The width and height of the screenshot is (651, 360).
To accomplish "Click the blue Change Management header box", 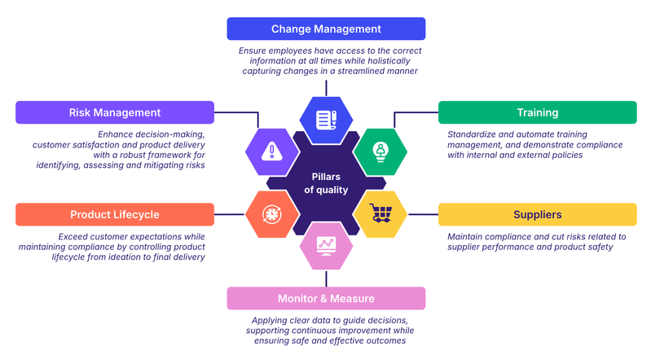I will pyautogui.click(x=326, y=29).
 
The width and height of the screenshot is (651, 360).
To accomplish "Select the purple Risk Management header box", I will pyautogui.click(x=115, y=112).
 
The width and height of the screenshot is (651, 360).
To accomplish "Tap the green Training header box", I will pyautogui.click(x=537, y=112).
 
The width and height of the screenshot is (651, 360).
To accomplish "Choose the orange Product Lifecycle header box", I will pyautogui.click(x=115, y=214).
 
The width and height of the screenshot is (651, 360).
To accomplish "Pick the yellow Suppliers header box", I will pyautogui.click(x=537, y=214).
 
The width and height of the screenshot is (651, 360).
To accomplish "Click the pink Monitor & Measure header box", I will pyautogui.click(x=326, y=298).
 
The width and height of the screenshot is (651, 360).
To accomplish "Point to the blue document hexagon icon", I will pyautogui.click(x=326, y=119).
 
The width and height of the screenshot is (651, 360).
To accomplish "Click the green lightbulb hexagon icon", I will pyautogui.click(x=380, y=151).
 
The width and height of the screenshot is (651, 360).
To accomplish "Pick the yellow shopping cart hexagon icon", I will pyautogui.click(x=380, y=214).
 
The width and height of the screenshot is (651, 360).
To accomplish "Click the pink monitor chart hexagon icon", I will pyautogui.click(x=326, y=245).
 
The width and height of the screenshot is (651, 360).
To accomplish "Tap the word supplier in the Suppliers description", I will pyautogui.click(x=468, y=247).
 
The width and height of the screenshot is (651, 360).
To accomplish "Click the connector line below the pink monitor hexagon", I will pyautogui.click(x=326, y=278).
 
